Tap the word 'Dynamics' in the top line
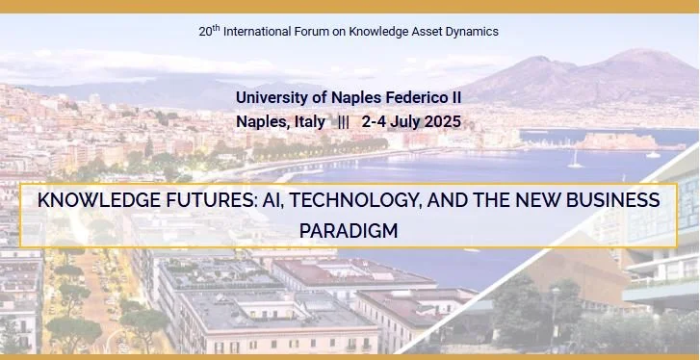pyautogui.click(x=470, y=31)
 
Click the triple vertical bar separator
pyautogui.click(x=344, y=122)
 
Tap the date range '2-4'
pyautogui.click(x=375, y=122)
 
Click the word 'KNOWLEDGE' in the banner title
pyautogui.click(x=91, y=200)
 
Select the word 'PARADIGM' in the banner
pyautogui.click(x=349, y=231)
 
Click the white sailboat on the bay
pyautogui.click(x=575, y=160)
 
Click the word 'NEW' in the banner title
pyautogui.click(x=526, y=200)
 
